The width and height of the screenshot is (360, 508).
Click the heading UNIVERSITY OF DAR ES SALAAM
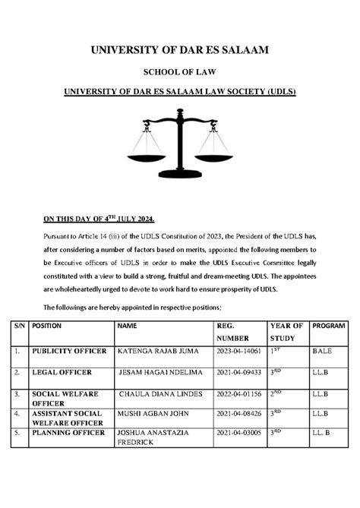click(180, 51)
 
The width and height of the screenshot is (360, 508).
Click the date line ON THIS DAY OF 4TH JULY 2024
click(99, 219)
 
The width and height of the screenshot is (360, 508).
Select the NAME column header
click(127, 325)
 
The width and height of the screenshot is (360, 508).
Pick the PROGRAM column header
click(328, 325)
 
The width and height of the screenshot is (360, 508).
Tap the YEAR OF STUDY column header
click(286, 331)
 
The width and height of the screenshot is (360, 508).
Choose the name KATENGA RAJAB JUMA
click(156, 352)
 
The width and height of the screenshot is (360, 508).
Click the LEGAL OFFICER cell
click(62, 373)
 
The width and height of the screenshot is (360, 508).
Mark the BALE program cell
click(322, 352)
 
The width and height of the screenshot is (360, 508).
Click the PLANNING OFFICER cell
click(68, 432)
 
